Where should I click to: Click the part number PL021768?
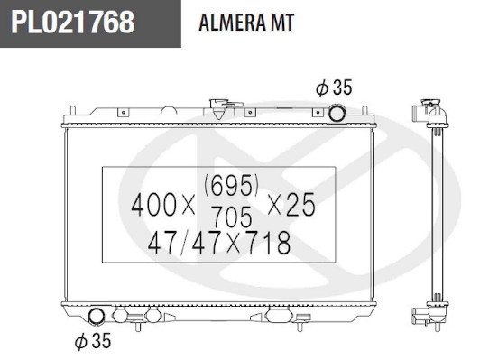(x=73, y=23)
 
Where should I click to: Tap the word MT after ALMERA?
(x=282, y=23)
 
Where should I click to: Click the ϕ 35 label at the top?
(x=334, y=88)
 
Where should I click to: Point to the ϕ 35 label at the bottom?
(x=93, y=341)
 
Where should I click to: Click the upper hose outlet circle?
(x=337, y=113)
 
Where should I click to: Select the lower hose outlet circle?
(x=97, y=316)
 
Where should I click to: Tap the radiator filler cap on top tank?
(x=221, y=107)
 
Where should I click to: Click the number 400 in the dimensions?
(x=153, y=205)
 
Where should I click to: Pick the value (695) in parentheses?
(x=231, y=185)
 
